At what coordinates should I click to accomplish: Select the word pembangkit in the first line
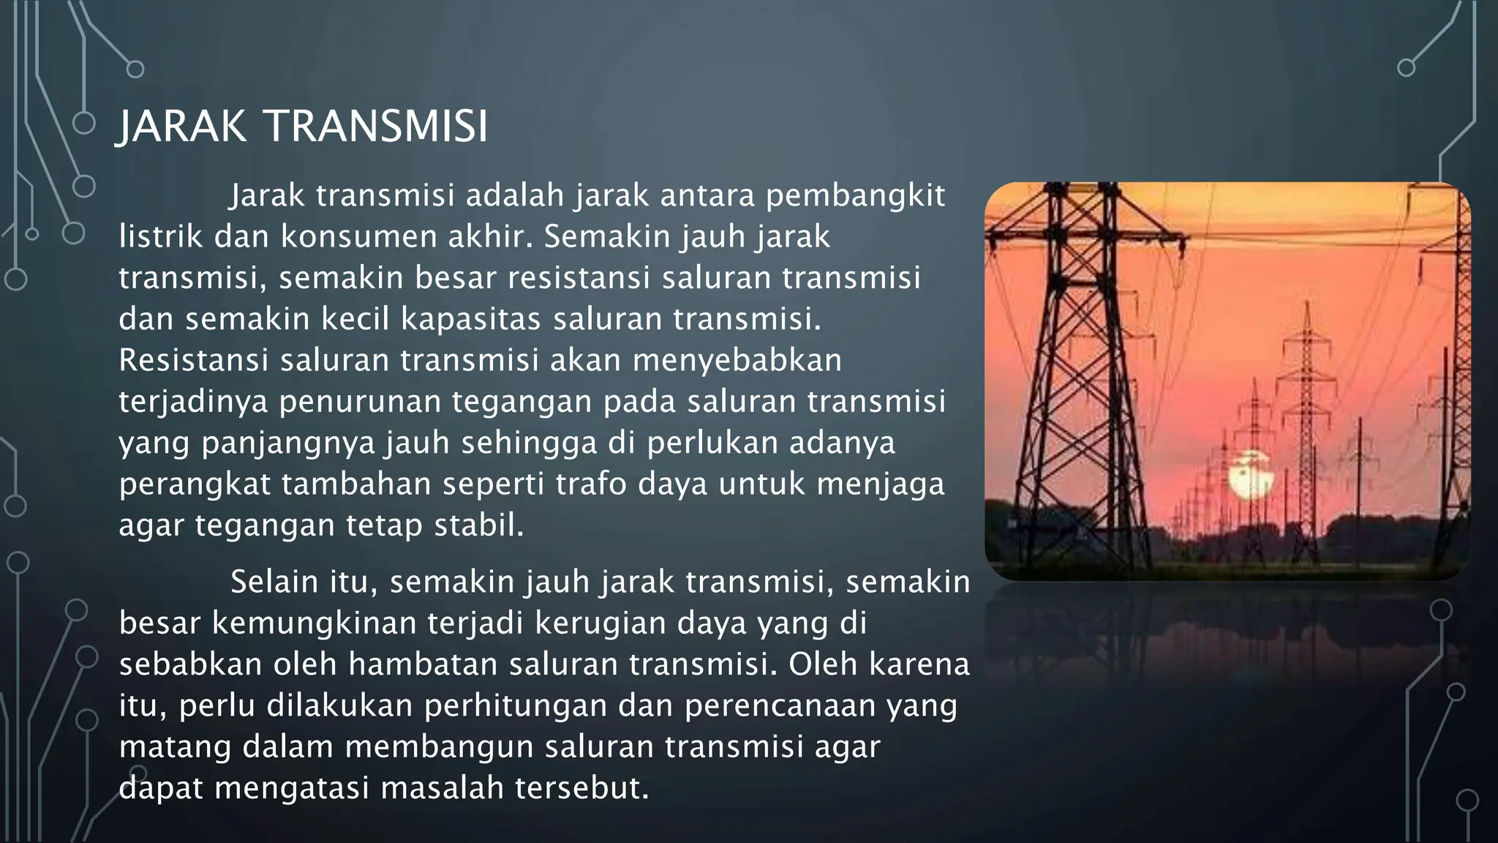click(x=855, y=196)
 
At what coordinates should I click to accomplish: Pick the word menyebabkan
click(x=737, y=361)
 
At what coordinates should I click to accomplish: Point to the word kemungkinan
click(x=314, y=623)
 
